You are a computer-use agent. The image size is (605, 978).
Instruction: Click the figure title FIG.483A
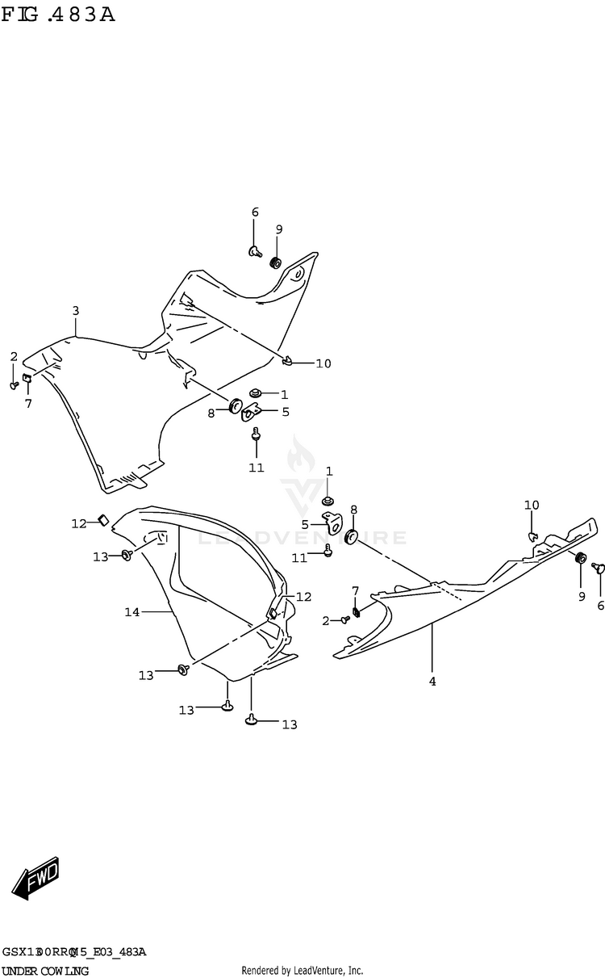(58, 14)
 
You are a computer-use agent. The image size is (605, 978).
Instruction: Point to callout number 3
(75, 311)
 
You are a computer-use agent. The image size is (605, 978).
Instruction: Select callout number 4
(432, 682)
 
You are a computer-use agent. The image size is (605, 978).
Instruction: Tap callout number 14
(132, 613)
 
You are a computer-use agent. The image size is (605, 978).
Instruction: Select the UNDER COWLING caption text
(45, 970)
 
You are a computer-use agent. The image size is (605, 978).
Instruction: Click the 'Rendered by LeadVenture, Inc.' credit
(302, 970)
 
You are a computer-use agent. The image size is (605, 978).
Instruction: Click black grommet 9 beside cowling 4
(580, 559)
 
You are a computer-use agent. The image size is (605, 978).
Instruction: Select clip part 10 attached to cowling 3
(288, 360)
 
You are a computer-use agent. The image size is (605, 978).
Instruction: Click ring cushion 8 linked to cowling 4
(351, 537)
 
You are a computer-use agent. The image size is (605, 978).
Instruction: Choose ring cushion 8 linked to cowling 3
(237, 405)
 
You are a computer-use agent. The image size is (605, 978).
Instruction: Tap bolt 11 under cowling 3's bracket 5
(256, 435)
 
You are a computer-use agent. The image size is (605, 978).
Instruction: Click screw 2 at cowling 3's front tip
(15, 385)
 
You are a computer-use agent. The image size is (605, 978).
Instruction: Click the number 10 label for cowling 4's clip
(532, 506)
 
